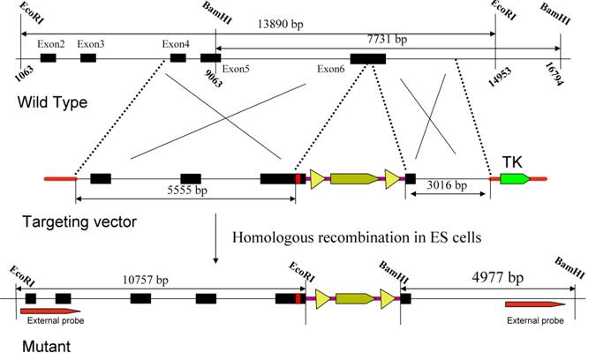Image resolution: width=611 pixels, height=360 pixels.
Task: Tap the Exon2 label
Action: (51, 43)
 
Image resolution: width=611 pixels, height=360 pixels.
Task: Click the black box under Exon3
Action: (88, 57)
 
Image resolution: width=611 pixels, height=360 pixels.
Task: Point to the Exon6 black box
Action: (367, 57)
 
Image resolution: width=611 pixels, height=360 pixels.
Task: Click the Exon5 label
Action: (236, 68)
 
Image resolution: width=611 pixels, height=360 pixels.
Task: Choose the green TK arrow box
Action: (514, 179)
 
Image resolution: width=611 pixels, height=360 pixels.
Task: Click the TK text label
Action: (513, 161)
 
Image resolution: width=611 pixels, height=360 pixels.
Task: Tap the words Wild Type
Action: (52, 103)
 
